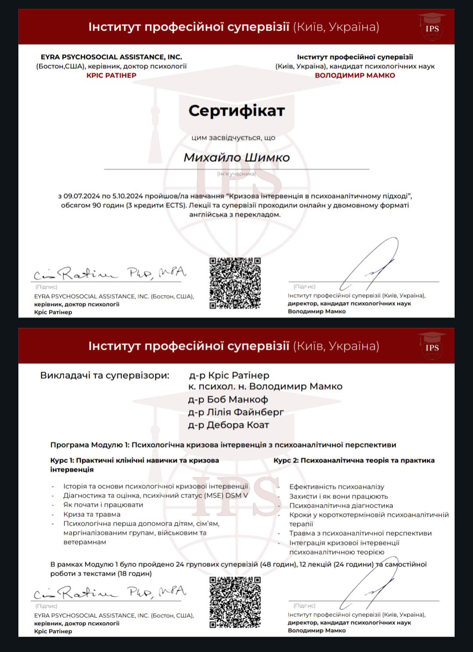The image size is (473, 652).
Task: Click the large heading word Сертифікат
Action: [236, 111]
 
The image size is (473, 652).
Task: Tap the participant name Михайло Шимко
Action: [236, 157]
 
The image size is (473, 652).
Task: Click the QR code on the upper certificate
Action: [235, 283]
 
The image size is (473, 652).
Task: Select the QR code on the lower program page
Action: [235, 602]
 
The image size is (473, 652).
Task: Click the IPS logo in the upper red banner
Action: [432, 27]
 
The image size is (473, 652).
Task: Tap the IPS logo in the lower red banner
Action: [432, 346]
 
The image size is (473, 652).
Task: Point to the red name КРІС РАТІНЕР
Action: [111, 75]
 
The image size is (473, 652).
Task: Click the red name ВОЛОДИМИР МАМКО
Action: [355, 75]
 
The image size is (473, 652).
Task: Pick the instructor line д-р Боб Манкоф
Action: [228, 400]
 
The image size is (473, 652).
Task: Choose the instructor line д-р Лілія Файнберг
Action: [236, 412]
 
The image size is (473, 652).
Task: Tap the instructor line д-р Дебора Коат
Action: [228, 425]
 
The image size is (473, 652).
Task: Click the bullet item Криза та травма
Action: [92, 514]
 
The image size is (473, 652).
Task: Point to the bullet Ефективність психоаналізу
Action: [336, 487]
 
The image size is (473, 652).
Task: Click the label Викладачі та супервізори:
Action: [105, 376]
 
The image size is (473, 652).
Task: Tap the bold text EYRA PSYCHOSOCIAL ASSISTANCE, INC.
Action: [111, 57]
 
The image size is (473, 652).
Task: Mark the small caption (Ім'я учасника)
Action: [236, 174]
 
